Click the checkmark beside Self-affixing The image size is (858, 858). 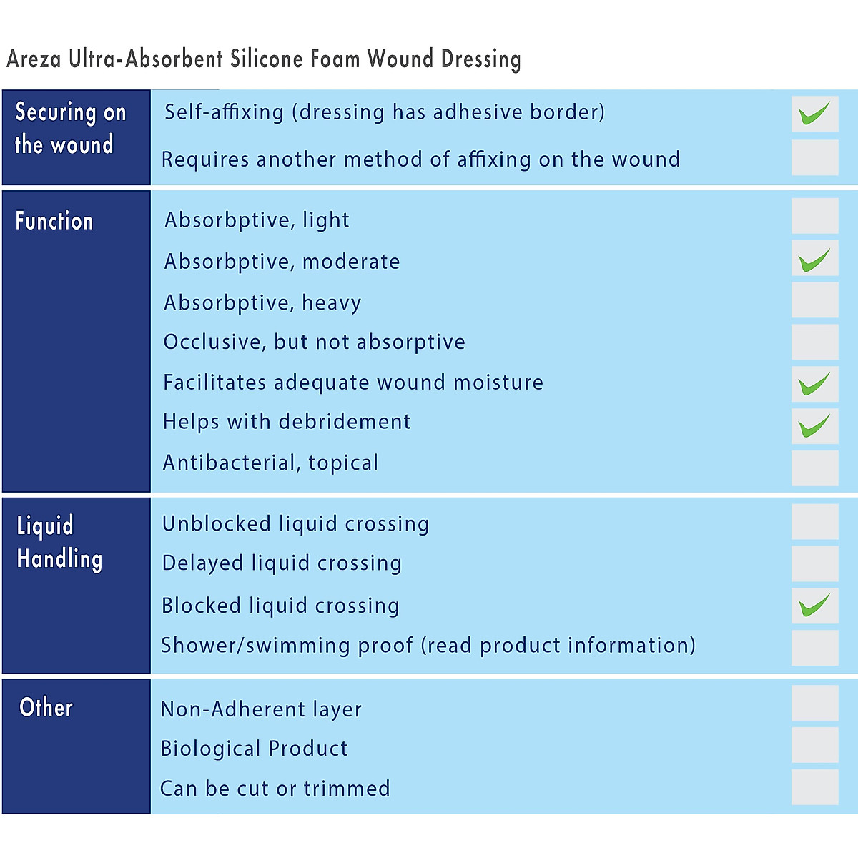coord(814,114)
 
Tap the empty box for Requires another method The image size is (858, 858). coord(814,157)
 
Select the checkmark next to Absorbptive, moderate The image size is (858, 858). coord(814,260)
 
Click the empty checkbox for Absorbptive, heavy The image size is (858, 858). coord(814,300)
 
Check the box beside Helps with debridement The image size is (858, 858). coord(814,426)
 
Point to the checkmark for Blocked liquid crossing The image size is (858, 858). coord(814,606)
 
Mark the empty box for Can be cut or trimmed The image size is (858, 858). coord(814,787)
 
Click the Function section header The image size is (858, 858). coord(54,221)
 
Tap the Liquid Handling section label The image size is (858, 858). coord(60,542)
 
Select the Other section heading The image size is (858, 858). coord(46,707)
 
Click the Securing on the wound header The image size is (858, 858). coord(70,128)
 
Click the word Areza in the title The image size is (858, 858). coord(34,59)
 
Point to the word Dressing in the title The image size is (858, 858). coord(480,59)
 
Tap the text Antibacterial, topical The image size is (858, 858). coord(271,463)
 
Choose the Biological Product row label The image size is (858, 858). coord(254,749)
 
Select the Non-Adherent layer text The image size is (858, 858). coord(261,709)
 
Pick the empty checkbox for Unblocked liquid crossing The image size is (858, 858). coord(814,522)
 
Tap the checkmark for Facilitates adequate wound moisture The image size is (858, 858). coord(814,384)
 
